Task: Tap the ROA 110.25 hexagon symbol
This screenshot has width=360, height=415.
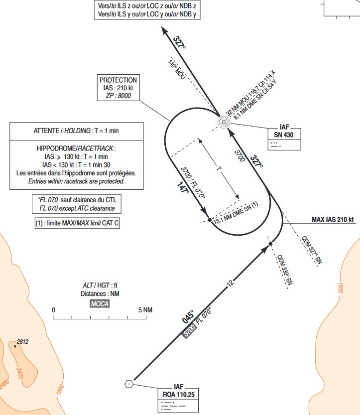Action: pyautogui.click(x=129, y=383)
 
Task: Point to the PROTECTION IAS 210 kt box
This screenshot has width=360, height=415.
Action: pyautogui.click(x=118, y=88)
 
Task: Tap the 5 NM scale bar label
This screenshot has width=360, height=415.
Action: pyautogui.click(x=146, y=310)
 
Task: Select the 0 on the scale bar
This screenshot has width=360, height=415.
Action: pyautogui.click(x=54, y=310)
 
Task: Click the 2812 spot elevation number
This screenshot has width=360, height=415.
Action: pyautogui.click(x=23, y=342)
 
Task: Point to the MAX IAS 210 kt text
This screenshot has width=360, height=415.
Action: pyautogui.click(x=332, y=219)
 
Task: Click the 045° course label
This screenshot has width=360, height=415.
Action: pyautogui.click(x=188, y=317)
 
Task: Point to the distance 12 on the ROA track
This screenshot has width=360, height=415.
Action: pyautogui.click(x=230, y=284)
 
